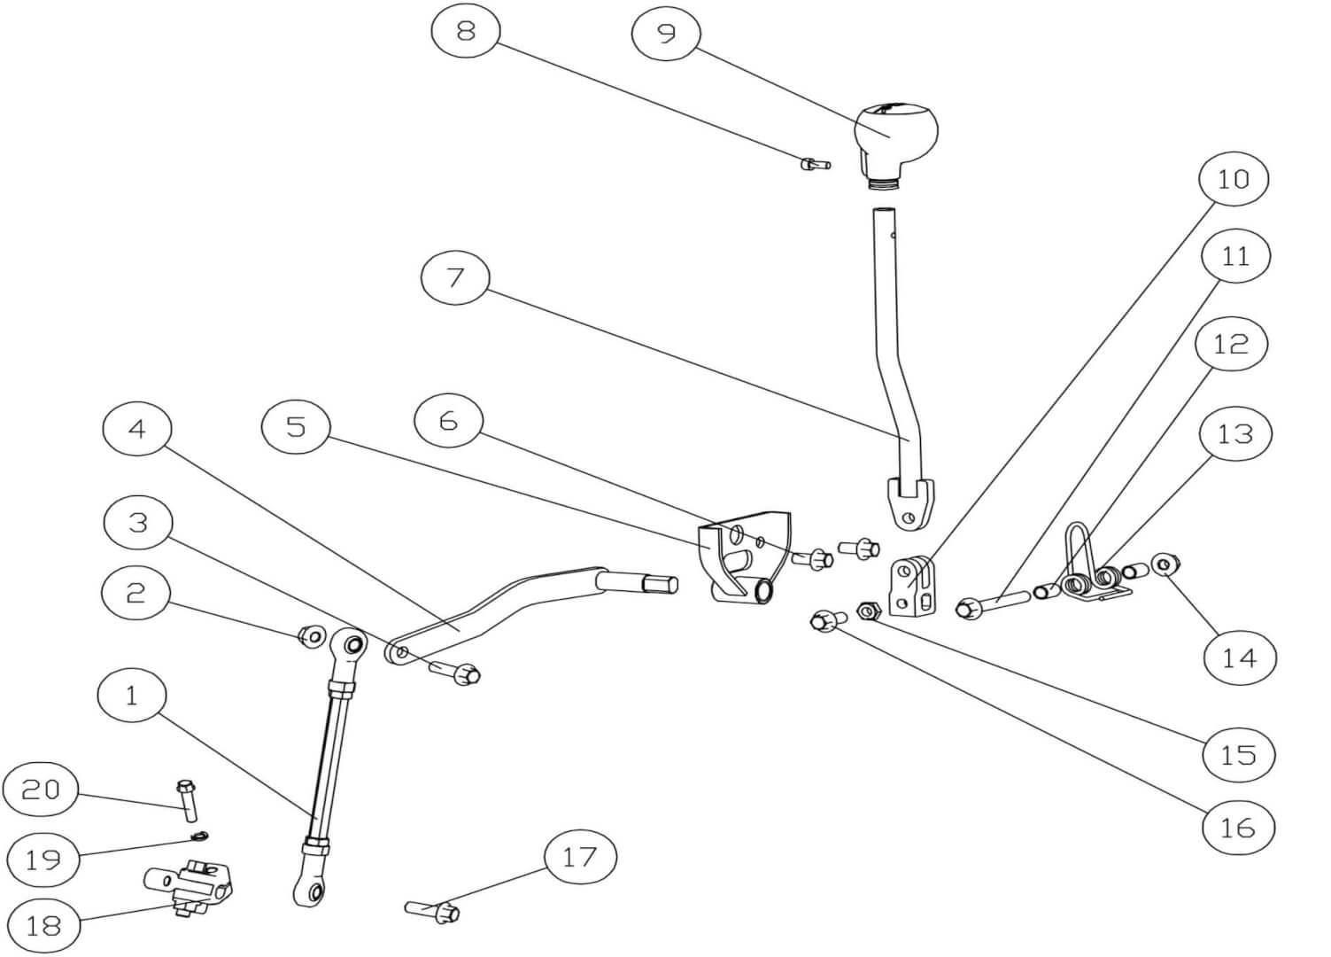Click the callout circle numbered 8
click(x=466, y=33)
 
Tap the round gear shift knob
click(x=895, y=131)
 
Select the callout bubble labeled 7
click(x=455, y=277)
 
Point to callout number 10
click(x=1233, y=180)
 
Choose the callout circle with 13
click(x=1234, y=434)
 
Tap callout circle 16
click(x=1237, y=828)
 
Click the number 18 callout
click(x=43, y=926)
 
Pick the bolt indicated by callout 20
click(x=188, y=799)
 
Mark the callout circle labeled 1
click(x=132, y=696)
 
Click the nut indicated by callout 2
click(x=311, y=635)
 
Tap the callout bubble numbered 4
click(x=136, y=429)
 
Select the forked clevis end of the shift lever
click(x=909, y=502)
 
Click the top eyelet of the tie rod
click(x=351, y=644)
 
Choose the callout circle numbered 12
click(x=1230, y=344)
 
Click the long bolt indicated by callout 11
click(x=993, y=603)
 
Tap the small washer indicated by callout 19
click(x=201, y=835)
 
